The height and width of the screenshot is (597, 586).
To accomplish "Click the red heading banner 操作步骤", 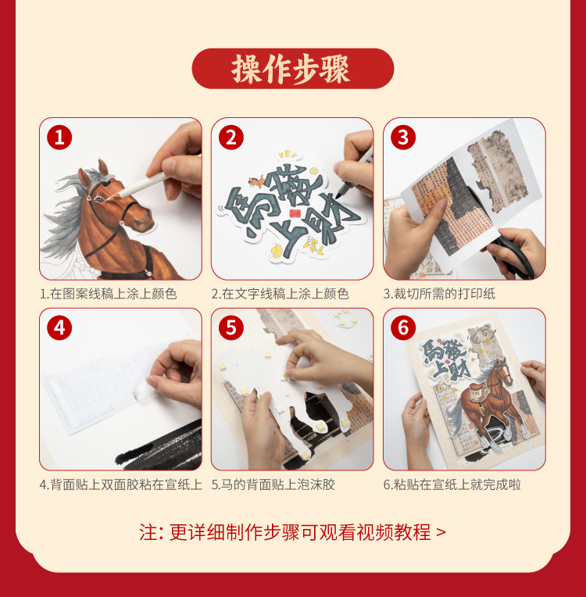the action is click(x=292, y=69).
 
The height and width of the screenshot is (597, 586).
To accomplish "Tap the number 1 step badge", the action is click(x=59, y=137).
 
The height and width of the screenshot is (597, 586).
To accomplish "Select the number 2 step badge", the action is click(x=231, y=137).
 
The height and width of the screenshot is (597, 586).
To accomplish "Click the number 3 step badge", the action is click(x=403, y=137).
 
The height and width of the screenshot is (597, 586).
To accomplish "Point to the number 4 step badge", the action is click(x=59, y=328).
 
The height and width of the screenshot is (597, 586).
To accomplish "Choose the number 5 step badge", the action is click(x=231, y=328).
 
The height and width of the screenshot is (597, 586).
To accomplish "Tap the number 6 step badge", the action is click(x=403, y=328).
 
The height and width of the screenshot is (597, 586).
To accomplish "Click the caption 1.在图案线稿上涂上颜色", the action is click(x=109, y=294).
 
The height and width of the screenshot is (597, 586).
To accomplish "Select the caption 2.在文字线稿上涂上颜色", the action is click(x=280, y=294).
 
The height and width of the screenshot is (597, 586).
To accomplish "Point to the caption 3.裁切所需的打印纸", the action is click(x=439, y=294).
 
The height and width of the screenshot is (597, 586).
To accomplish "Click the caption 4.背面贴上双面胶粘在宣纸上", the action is click(x=120, y=484).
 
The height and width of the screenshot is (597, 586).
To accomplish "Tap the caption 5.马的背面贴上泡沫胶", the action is click(x=273, y=484).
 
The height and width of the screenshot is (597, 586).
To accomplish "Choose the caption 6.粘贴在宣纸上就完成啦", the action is click(x=452, y=484).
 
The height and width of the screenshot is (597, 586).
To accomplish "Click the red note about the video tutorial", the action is click(x=292, y=532).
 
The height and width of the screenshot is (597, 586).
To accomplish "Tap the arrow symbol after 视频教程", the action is click(x=441, y=532).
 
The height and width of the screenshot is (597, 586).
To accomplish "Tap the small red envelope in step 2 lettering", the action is click(x=295, y=213).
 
